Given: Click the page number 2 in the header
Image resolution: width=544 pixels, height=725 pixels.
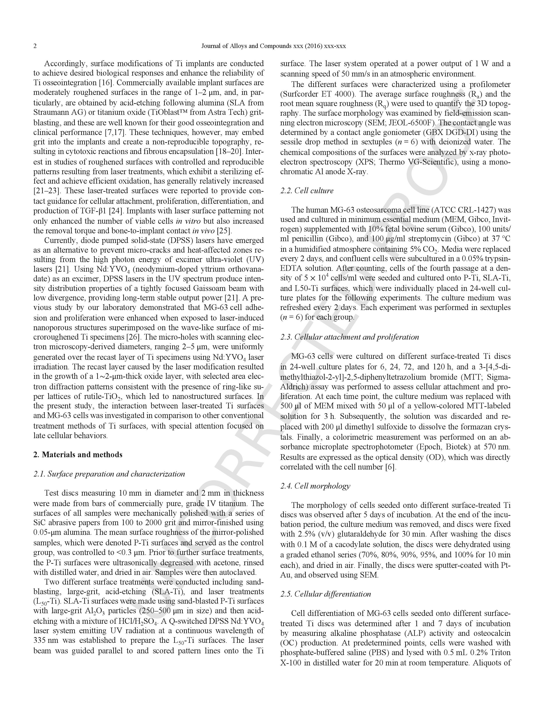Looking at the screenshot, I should (35, 46).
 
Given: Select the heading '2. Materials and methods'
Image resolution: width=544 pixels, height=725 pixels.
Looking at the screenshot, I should (78, 455).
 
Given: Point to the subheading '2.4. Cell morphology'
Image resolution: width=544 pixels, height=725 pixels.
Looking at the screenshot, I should (315, 486).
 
